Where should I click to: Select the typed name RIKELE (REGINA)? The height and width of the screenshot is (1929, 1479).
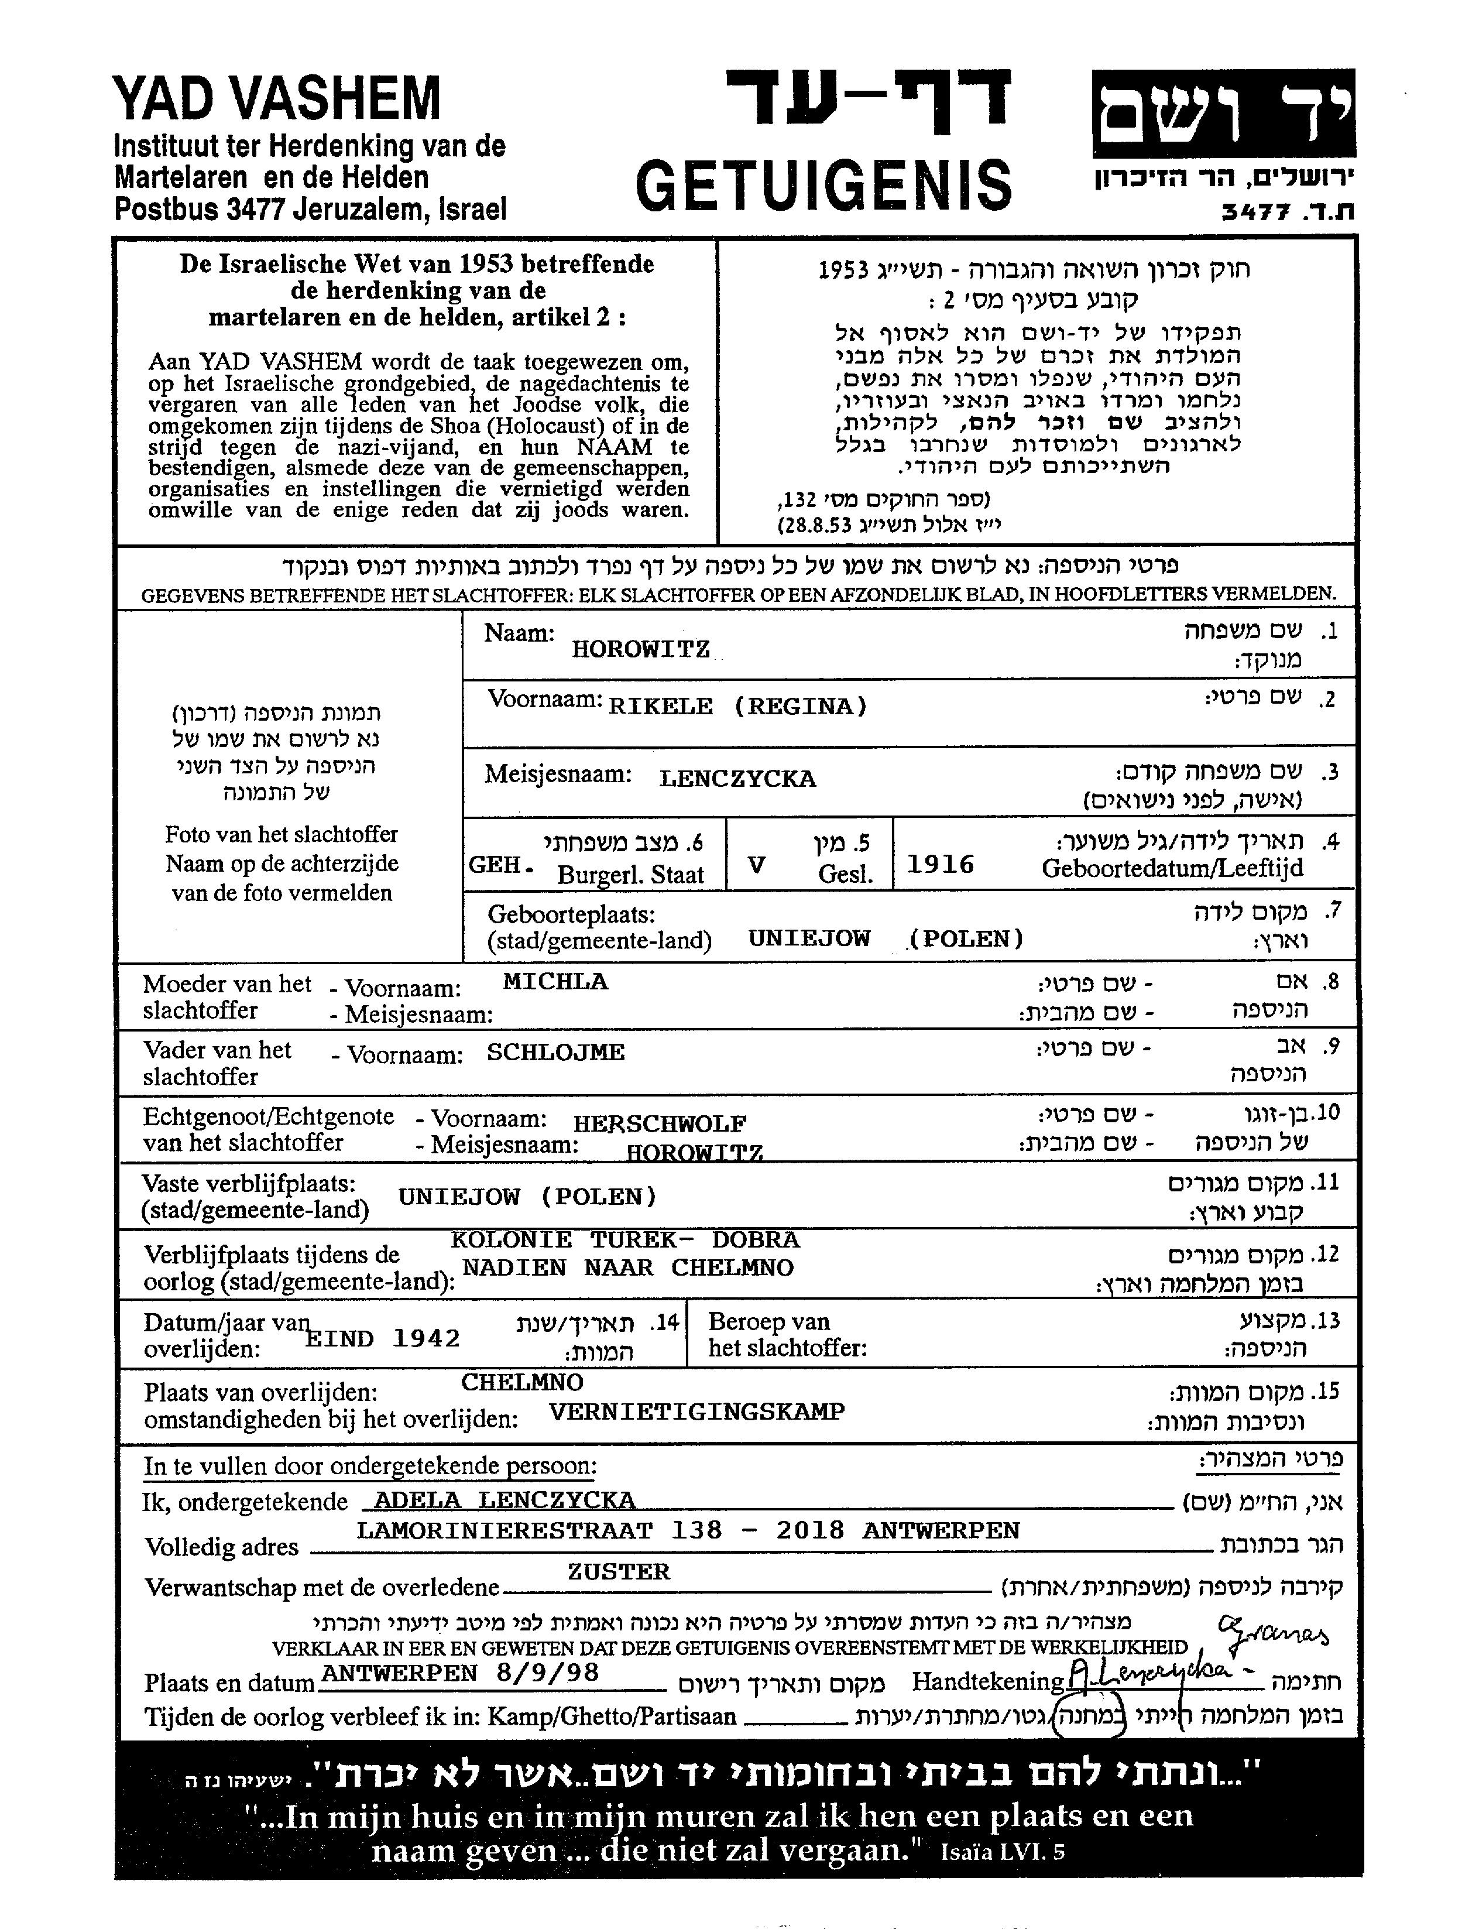coord(737,707)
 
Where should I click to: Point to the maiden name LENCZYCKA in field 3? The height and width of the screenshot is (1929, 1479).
coord(737,778)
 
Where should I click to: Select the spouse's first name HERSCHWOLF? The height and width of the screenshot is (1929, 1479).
coord(660,1123)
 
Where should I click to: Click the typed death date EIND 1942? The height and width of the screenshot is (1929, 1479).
coord(383,1338)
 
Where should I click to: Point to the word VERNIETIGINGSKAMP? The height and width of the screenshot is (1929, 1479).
coord(696,1411)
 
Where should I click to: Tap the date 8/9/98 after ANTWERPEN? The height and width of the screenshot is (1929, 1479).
coord(548,1672)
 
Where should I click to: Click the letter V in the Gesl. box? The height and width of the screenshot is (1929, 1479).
coord(756,865)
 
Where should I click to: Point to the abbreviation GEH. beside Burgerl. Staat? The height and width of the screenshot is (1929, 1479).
coord(501,865)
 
